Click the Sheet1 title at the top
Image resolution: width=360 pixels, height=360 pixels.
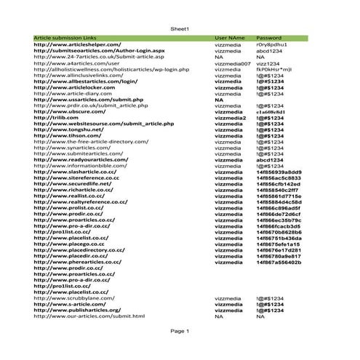(x=180, y=28)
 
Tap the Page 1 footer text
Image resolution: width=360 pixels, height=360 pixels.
(x=180, y=331)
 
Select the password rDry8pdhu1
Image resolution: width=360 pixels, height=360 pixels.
(x=273, y=44)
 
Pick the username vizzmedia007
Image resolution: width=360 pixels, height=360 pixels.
(x=233, y=64)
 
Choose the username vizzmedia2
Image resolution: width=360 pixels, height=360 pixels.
(x=231, y=117)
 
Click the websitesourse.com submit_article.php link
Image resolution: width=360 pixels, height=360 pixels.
(x=103, y=124)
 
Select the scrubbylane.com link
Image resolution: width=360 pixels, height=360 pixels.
(x=75, y=298)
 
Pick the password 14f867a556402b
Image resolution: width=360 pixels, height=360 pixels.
(x=279, y=262)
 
